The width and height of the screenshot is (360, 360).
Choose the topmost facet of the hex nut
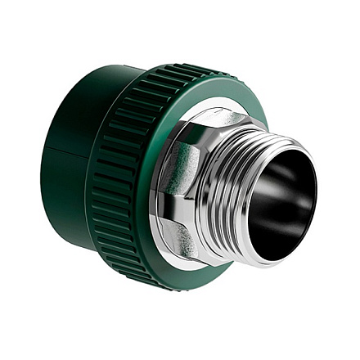pos(205,119)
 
